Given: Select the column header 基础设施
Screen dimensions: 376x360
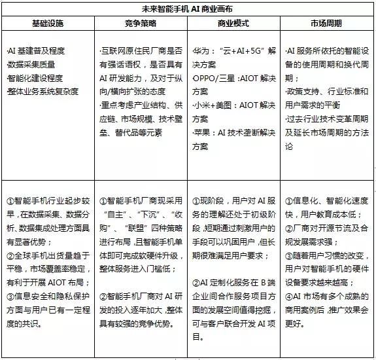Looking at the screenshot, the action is tap(48, 23).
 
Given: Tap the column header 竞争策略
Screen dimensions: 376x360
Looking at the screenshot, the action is tap(141, 23).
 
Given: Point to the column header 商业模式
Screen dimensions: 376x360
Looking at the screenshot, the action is tap(235, 23).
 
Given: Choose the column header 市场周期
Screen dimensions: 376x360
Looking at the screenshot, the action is tap(328, 23).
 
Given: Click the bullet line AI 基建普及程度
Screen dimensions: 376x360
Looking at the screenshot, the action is tap(35, 50).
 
